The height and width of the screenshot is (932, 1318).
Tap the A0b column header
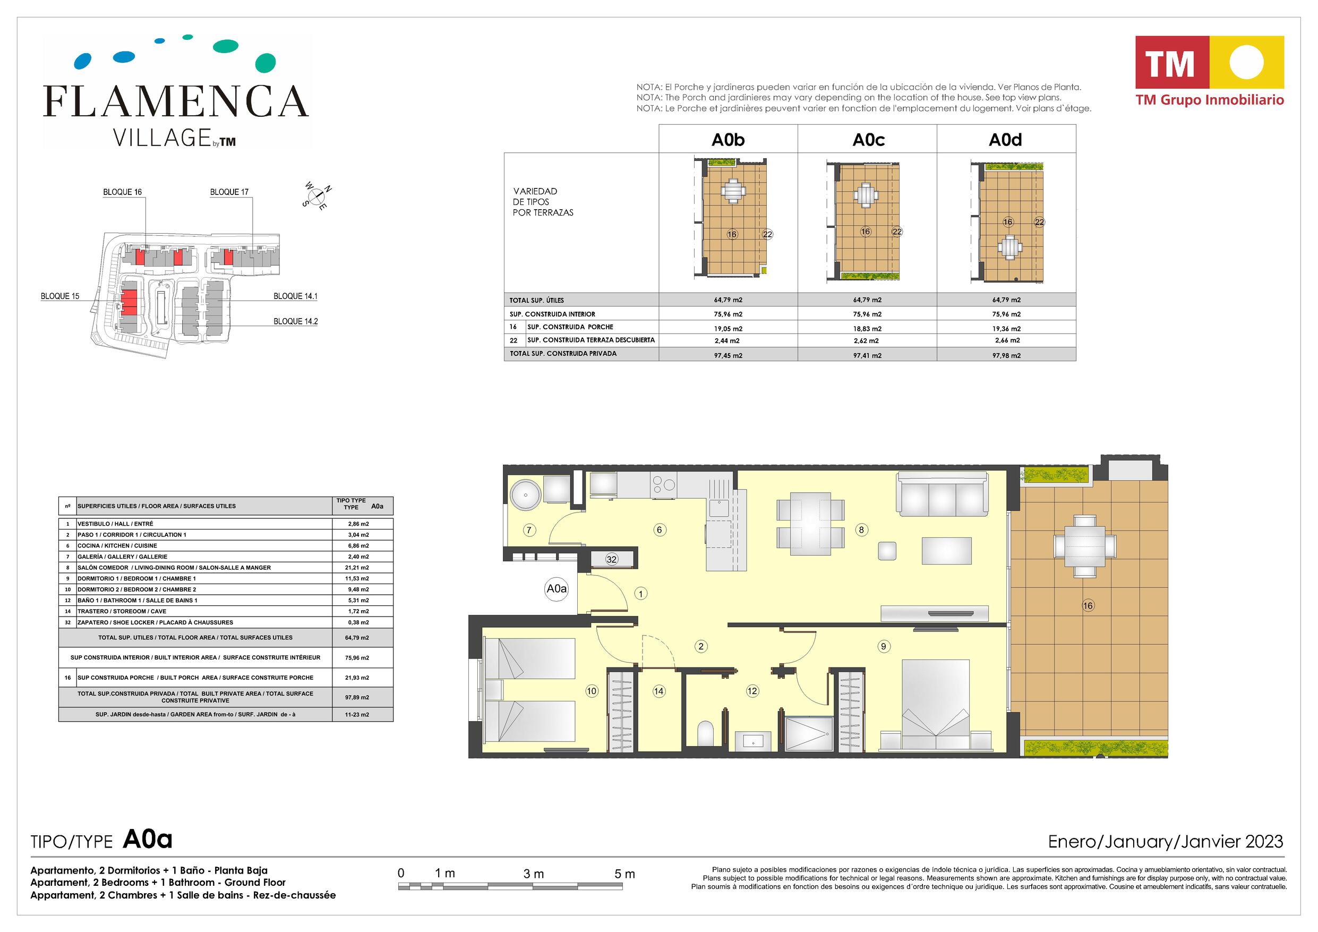[728, 140]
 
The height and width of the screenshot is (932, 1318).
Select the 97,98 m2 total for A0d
[1006, 355]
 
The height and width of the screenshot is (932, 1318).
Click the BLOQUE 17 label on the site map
[229, 192]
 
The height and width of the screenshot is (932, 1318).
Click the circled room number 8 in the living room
[861, 530]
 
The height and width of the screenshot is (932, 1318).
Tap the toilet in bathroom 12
[706, 734]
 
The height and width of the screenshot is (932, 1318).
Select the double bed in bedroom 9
[936, 705]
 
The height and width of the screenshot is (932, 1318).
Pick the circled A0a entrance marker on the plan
[556, 588]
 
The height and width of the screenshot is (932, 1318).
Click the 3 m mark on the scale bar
[533, 874]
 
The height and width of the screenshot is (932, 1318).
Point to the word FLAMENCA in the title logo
[176, 101]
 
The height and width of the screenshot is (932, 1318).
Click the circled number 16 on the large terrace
[1088, 605]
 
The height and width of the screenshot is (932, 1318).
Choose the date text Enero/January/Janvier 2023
[1165, 842]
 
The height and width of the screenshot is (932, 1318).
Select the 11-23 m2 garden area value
[357, 715]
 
